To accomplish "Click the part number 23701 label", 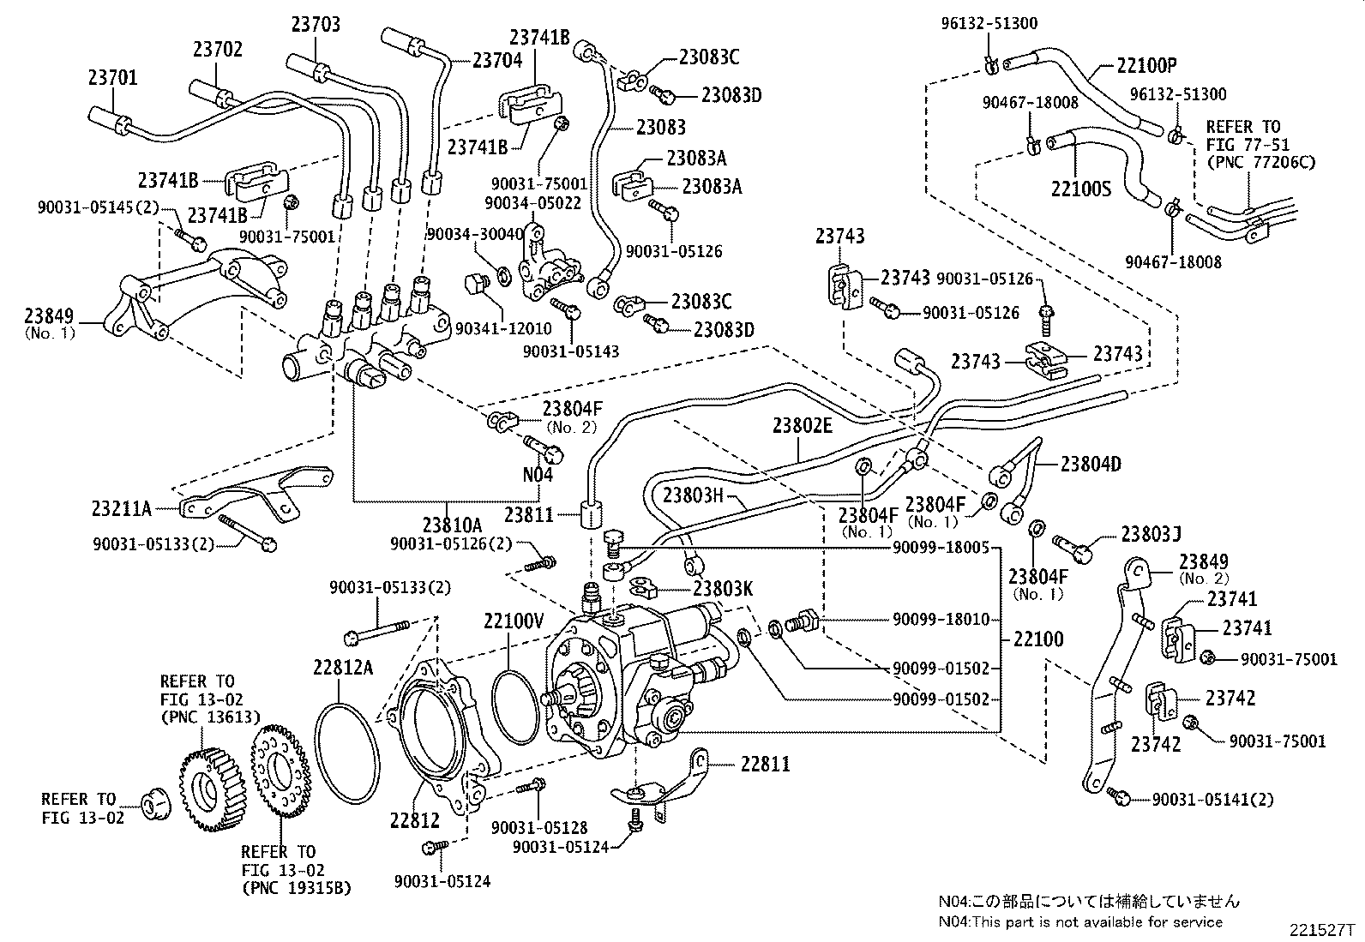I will tap(112, 78).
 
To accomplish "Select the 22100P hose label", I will tap(1147, 64).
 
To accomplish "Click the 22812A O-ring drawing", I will tap(346, 754).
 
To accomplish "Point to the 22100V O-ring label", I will tap(514, 621).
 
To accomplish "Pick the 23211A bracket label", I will tap(122, 509).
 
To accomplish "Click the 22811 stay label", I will tap(757, 763).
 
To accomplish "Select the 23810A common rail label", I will tap(452, 525).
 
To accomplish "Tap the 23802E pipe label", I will tap(802, 425).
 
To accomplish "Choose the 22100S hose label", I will tap(1080, 188).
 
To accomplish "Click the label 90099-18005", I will tap(941, 548).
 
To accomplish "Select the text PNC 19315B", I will tap(297, 888).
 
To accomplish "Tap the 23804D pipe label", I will tap(1091, 464).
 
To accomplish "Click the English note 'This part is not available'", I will tap(1080, 921).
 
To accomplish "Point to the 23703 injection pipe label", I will tap(315, 24).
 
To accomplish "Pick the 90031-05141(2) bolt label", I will tap(1212, 799).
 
